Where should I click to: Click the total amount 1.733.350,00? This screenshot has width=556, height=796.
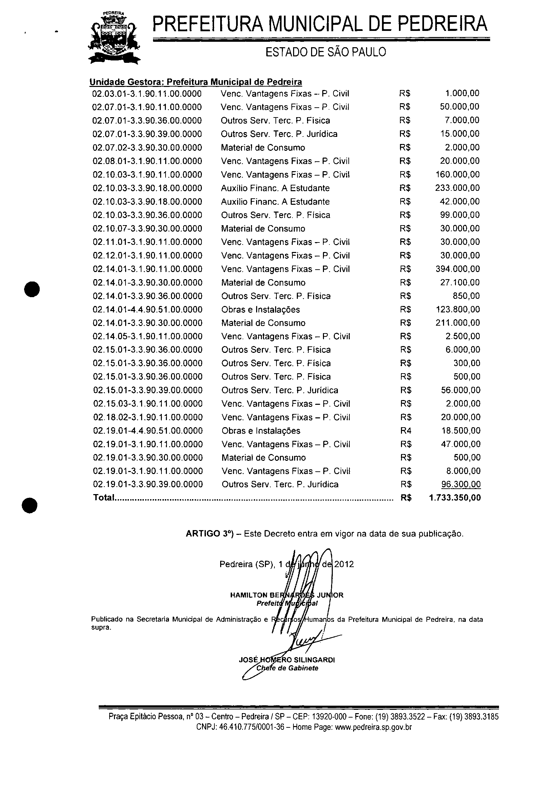(x=455, y=498)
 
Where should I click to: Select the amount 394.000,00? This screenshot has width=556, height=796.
(x=457, y=269)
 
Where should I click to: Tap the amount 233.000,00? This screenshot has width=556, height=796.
(x=457, y=188)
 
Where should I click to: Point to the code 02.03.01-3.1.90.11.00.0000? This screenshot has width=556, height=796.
(x=147, y=94)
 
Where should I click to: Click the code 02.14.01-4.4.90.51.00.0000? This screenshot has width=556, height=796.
(x=148, y=310)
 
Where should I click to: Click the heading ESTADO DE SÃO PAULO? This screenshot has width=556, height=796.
(x=325, y=52)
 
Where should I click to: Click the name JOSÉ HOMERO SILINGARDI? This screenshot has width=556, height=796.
(x=287, y=660)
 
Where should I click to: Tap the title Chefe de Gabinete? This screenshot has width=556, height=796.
(x=287, y=668)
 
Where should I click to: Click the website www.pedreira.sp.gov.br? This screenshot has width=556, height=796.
(x=373, y=727)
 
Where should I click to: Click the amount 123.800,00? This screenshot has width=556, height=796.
(x=457, y=310)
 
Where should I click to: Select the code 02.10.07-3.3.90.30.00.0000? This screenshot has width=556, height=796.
(x=148, y=229)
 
